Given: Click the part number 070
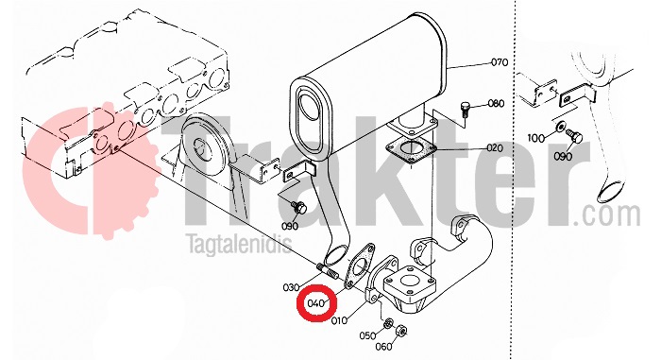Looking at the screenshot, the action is coord(500,62).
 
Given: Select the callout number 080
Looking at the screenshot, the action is coord(496,103).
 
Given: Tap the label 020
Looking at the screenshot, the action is coord(495,148).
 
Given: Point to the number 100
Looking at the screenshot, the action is coord(535,138).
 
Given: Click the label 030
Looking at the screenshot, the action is coord(291,288).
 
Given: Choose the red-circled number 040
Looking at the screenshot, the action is coord(315,303).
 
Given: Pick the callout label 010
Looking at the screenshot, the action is coord(339,320).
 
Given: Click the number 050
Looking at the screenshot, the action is coord(367,335).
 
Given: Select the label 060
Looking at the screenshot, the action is coord(383,347).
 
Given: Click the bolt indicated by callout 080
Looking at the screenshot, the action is coord(466,109).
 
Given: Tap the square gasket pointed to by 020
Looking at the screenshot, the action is coord(411,150).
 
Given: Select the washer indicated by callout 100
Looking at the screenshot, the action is coord(561,127).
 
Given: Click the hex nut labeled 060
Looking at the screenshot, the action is coord(401,331).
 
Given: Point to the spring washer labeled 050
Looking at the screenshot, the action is coord(388,323).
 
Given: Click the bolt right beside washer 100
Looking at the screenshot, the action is coord(574,136).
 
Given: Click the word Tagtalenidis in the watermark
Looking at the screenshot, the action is coord(240,244).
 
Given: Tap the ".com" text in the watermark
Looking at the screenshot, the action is coord(606,215).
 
